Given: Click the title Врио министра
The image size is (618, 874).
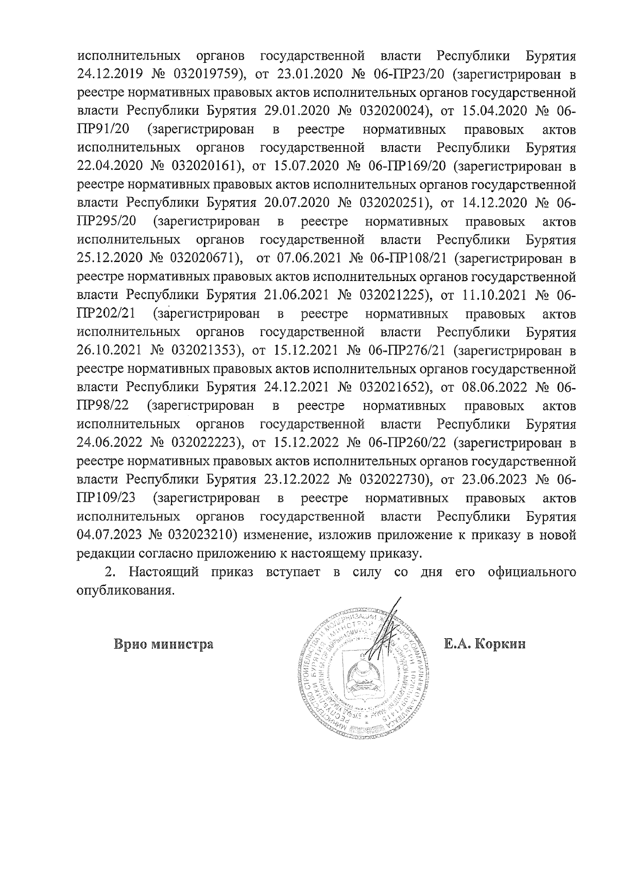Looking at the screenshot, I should [x=164, y=644].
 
